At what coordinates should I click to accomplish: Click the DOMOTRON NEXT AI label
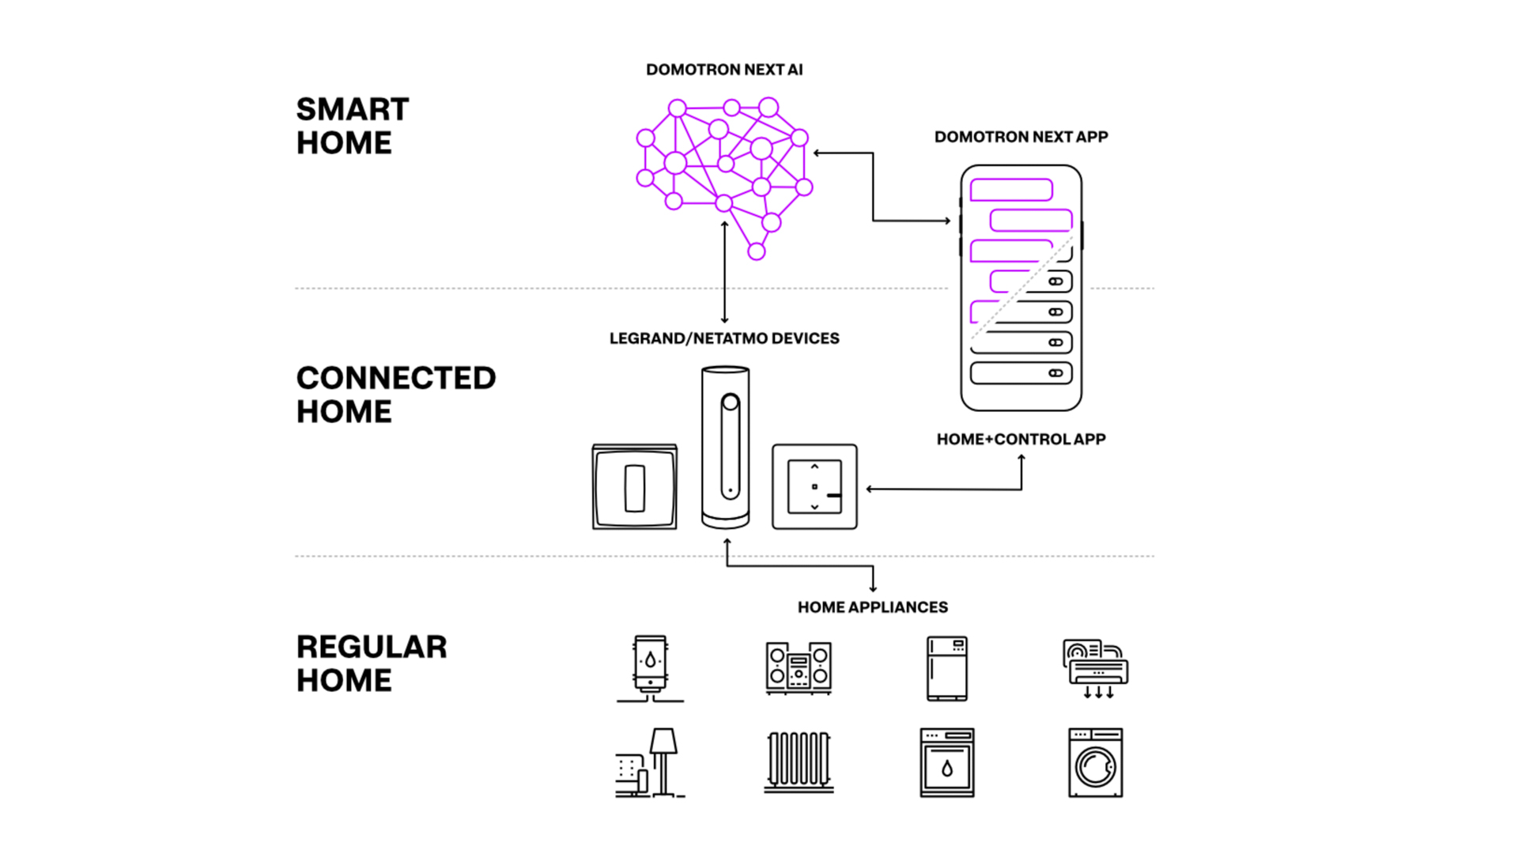724,70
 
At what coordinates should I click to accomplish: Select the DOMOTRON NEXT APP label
1021,137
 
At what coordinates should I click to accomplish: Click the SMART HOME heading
353,126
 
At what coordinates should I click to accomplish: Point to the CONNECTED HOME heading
396,395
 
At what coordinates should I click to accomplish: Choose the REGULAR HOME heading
372,663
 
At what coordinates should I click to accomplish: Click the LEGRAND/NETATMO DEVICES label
724,338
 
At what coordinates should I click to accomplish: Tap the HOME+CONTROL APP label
1021,439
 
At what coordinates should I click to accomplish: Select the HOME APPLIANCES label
872,607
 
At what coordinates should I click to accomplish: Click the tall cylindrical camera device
725,447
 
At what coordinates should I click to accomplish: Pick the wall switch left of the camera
635,486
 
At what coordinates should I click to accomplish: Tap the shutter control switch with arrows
814,486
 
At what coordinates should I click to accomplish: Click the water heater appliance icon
650,668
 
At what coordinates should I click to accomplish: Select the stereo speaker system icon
799,668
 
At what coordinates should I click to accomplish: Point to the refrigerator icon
947,668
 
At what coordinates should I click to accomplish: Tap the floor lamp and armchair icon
650,762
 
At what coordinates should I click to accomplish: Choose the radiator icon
799,762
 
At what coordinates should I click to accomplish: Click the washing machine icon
1096,762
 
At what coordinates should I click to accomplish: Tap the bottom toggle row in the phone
1021,372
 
